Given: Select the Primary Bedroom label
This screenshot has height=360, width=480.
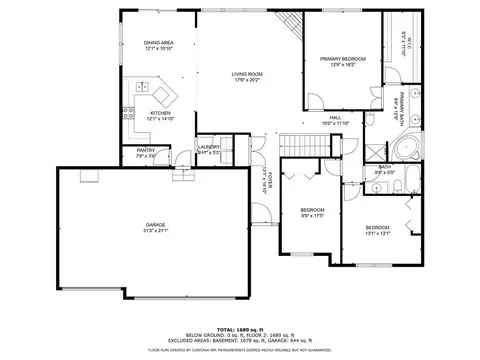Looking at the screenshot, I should [x=343, y=60].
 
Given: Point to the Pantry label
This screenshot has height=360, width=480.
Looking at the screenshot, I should [x=145, y=151].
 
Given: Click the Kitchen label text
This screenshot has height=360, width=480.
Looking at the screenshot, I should [x=161, y=113].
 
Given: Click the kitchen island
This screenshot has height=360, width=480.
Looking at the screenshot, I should [x=163, y=97].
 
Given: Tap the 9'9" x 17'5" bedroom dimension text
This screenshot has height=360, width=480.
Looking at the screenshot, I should [x=313, y=215].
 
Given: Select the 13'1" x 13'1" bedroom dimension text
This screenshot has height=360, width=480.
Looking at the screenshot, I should [x=377, y=233].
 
